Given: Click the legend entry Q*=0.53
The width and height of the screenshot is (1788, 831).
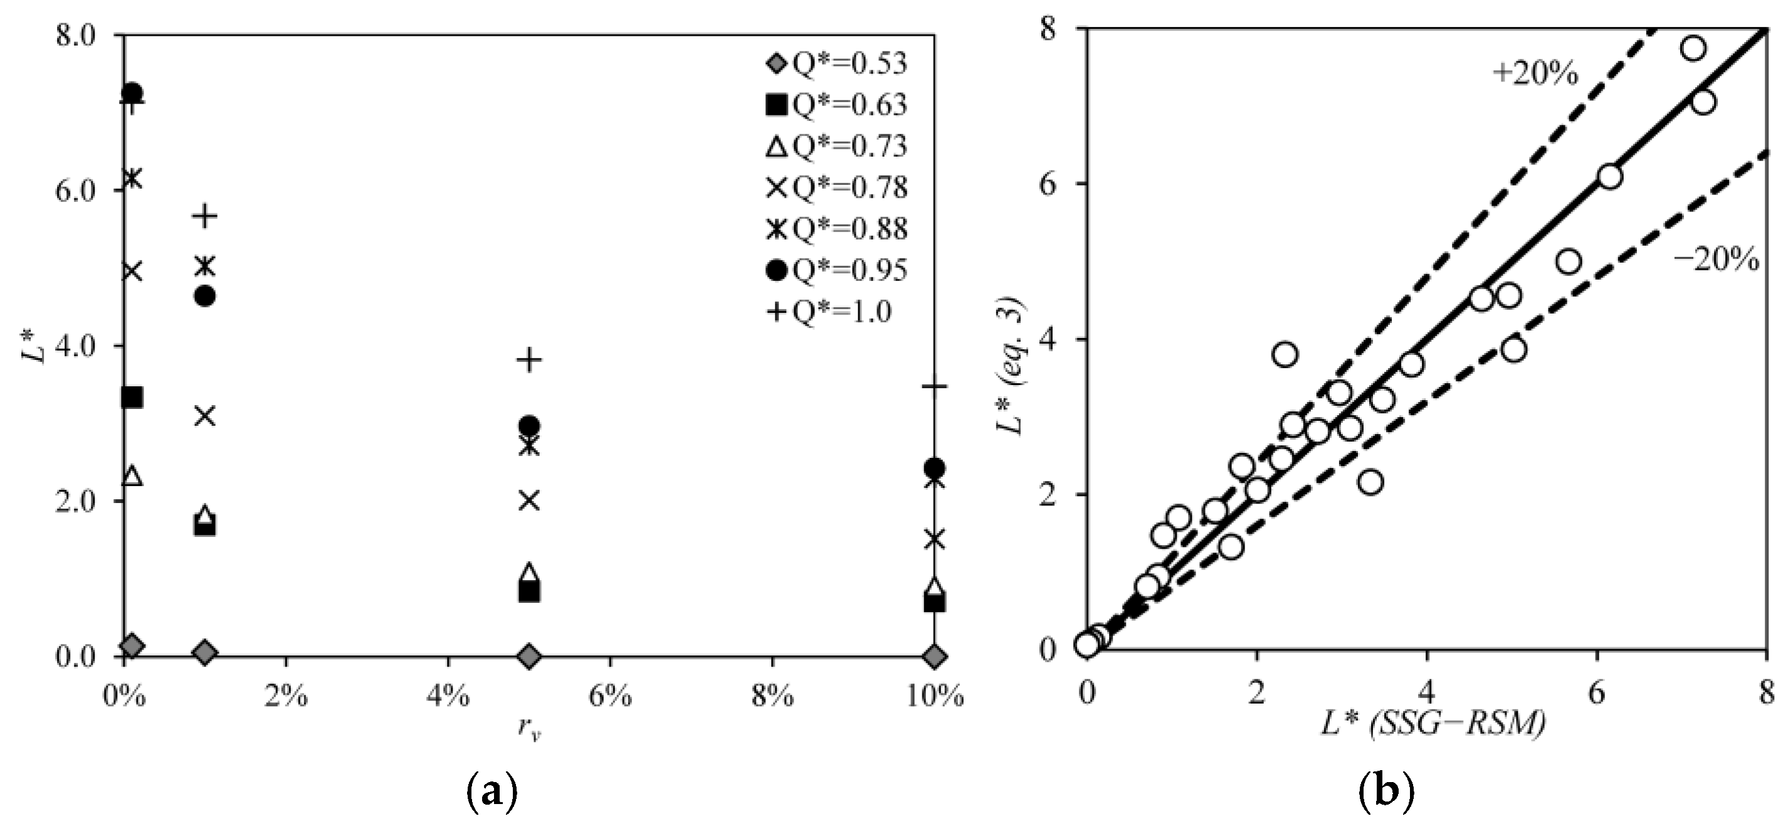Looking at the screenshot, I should [836, 64].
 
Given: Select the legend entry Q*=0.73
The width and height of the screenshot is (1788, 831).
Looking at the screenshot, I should [836, 147].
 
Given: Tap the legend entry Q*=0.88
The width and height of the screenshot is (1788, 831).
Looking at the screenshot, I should [836, 229].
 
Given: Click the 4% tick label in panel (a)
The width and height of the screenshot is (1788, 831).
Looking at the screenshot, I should [448, 696].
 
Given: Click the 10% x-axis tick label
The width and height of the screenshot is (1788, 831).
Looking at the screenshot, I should [935, 696].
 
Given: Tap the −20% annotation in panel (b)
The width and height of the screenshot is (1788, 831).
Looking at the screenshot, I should [1716, 260].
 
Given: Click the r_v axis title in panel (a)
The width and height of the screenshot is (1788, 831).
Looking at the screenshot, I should [529, 729].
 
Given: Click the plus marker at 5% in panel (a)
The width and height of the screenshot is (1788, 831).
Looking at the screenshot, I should [529, 359].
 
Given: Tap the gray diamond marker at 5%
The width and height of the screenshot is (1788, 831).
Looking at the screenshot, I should [529, 656].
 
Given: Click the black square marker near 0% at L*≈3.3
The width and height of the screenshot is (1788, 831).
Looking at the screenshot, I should [132, 398].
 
